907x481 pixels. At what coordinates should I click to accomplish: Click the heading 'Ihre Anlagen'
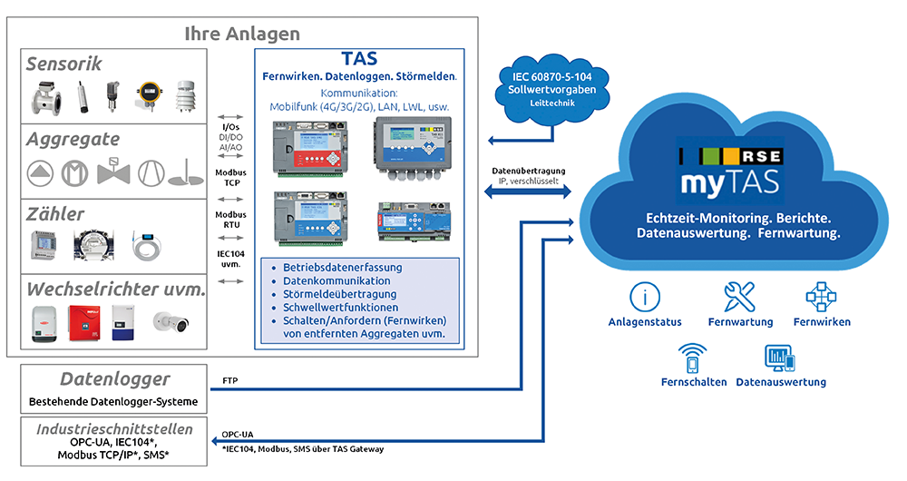(x=241, y=34)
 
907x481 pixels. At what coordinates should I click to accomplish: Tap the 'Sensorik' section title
(x=63, y=64)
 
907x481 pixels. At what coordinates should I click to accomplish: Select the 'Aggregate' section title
(x=73, y=139)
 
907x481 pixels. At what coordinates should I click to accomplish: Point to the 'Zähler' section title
(x=55, y=214)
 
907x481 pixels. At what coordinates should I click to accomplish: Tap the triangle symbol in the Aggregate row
(x=40, y=172)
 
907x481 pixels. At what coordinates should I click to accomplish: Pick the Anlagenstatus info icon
(x=645, y=297)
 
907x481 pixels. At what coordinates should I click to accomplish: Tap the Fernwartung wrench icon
(x=740, y=297)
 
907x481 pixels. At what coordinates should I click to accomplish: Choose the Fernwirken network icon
(x=821, y=297)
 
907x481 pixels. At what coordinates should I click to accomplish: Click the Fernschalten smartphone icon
(x=694, y=358)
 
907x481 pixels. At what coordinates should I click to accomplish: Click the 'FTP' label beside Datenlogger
(x=230, y=380)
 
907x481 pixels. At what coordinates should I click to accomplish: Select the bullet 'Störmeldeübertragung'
(x=340, y=294)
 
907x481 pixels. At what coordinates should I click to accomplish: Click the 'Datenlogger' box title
(x=114, y=379)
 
